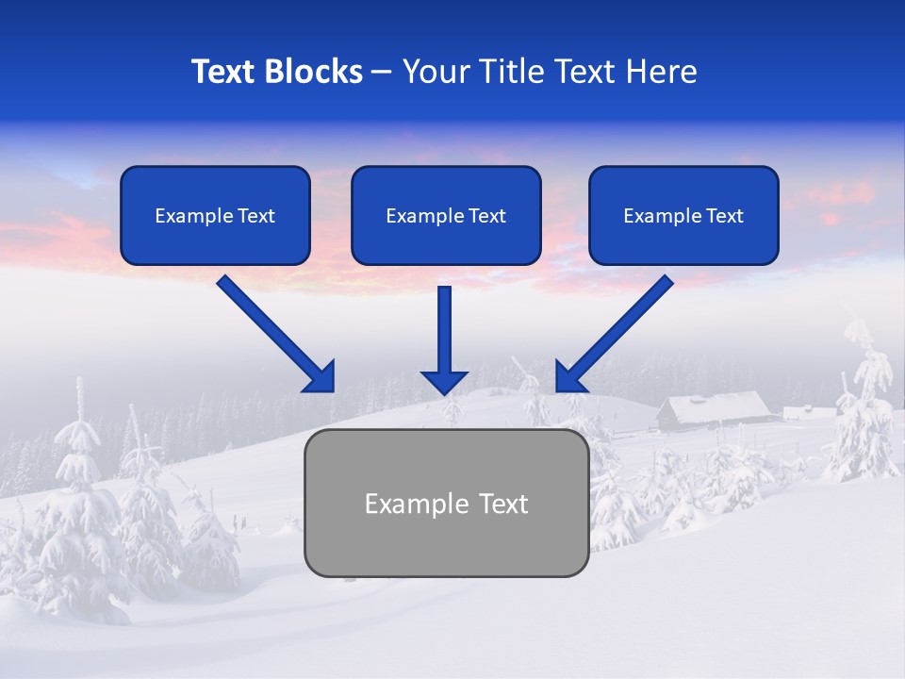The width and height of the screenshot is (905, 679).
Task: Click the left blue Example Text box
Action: click(x=215, y=215)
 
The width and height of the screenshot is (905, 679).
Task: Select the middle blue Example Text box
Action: click(x=446, y=215)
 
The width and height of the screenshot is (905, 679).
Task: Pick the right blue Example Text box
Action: click(x=683, y=215)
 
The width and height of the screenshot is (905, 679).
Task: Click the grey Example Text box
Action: click(x=446, y=503)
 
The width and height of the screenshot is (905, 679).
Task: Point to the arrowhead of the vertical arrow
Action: click(x=444, y=382)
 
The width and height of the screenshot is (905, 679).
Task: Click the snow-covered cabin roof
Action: click(x=715, y=406)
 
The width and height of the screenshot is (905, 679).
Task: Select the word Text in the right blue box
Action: click(x=725, y=216)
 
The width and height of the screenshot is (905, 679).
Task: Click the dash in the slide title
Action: click(x=382, y=73)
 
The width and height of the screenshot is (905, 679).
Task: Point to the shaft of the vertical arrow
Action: click(x=444, y=325)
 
